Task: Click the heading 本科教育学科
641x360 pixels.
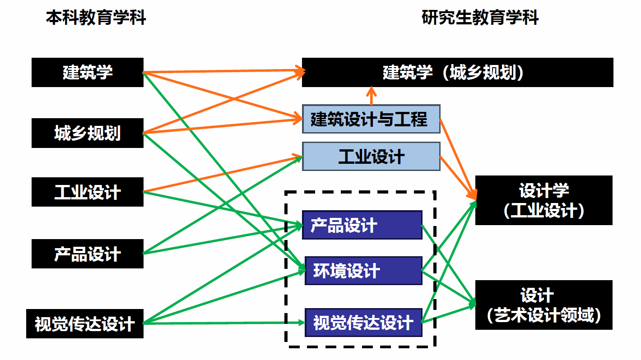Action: (x=96, y=18)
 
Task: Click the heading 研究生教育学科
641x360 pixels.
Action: (x=480, y=18)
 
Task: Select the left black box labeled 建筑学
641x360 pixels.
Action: (x=88, y=72)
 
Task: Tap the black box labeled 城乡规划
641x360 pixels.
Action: (x=88, y=133)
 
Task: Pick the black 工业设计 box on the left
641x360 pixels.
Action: (x=88, y=192)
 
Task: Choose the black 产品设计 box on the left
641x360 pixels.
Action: (x=88, y=254)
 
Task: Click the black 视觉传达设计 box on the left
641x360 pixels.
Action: (x=85, y=323)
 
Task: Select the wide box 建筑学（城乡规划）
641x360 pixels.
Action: (x=457, y=72)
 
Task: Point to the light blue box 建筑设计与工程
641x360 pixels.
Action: (x=371, y=119)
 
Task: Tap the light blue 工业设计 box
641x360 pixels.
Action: (x=371, y=157)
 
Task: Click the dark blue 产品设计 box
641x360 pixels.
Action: (x=362, y=225)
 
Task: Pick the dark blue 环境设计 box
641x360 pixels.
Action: (x=363, y=271)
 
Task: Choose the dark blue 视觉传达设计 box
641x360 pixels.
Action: (x=363, y=323)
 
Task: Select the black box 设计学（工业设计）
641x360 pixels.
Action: (x=543, y=200)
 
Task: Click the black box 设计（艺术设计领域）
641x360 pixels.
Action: (x=543, y=305)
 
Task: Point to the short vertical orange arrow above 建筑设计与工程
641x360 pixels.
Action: (x=371, y=96)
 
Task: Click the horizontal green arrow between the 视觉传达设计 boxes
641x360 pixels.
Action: (x=226, y=323)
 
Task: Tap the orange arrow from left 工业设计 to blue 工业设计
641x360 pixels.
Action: (x=226, y=174)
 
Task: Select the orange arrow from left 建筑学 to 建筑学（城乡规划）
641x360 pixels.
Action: (x=226, y=71)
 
